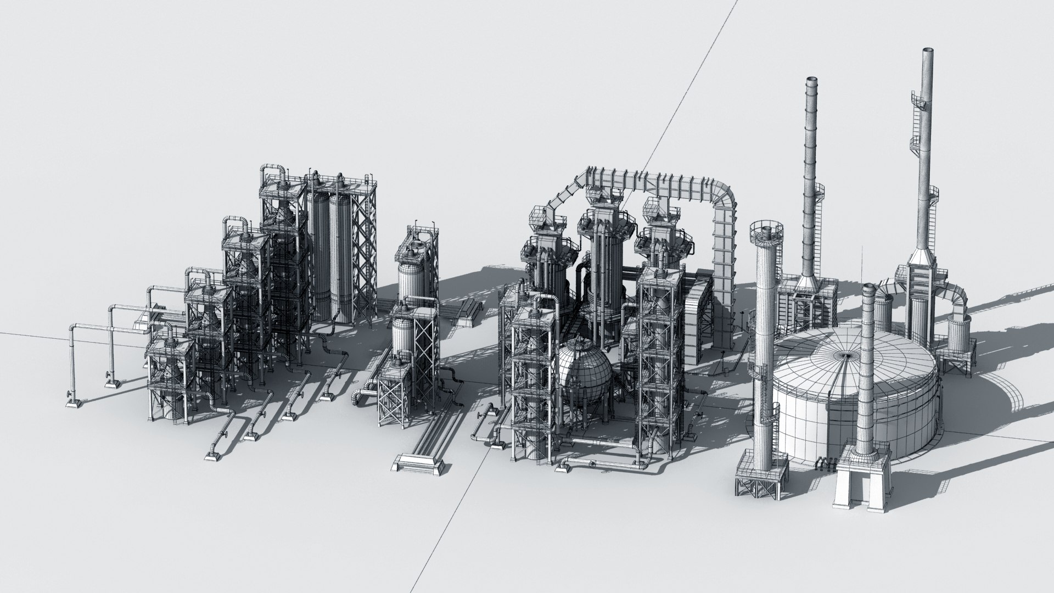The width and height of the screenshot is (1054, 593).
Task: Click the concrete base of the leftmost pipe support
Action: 74,404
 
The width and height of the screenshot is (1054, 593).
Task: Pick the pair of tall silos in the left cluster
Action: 329,258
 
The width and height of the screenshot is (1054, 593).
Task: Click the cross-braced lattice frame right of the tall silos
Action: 363,258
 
